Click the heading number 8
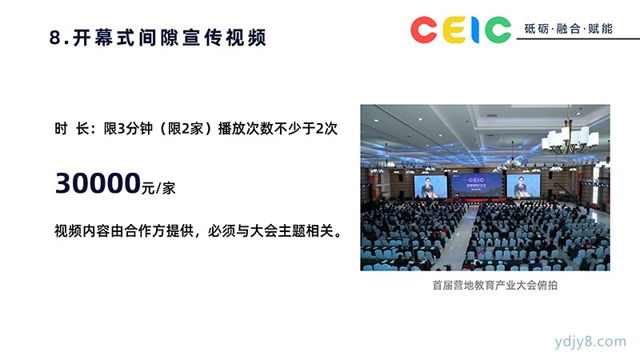pyautogui.click(x=54, y=38)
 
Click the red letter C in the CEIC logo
pyautogui.click(x=424, y=30)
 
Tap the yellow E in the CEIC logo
pyautogui.click(x=454, y=30)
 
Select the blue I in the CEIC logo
pyautogui.click(x=475, y=30)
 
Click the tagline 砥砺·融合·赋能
pyautogui.click(x=568, y=29)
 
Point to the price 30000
pyautogui.click(x=98, y=183)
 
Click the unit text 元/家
pyautogui.click(x=158, y=188)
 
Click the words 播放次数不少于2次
pyautogui.click(x=278, y=129)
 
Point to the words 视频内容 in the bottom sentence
pyautogui.click(x=82, y=231)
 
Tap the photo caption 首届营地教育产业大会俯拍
pyautogui.click(x=494, y=285)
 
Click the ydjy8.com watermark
pyautogui.click(x=590, y=342)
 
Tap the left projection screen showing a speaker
pyautogui.click(x=430, y=186)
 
